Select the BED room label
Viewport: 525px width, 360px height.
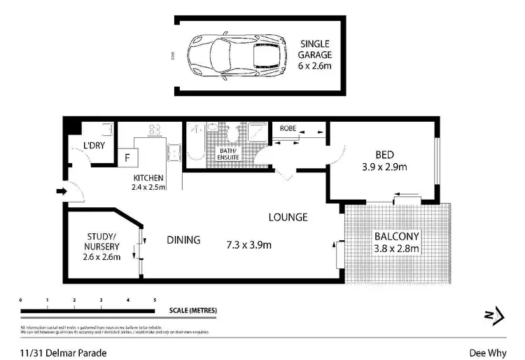(384, 155)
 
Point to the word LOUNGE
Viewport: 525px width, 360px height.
(288, 217)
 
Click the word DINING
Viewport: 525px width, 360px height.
(183, 240)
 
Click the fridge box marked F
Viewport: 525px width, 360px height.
(127, 158)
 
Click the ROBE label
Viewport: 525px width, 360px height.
(288, 129)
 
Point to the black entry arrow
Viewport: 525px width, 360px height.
(61, 191)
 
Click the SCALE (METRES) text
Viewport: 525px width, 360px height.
(192, 310)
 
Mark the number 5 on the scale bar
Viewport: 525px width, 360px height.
(155, 300)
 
